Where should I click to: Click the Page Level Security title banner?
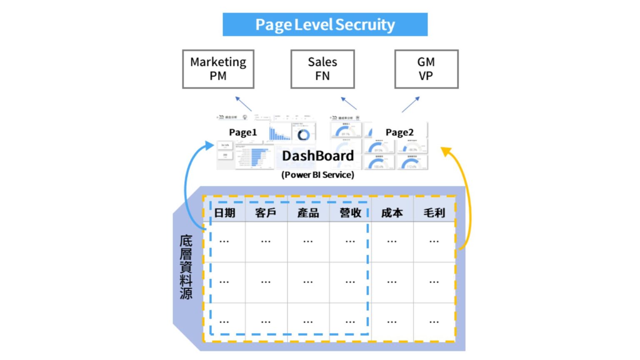[325, 25]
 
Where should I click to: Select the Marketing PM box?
[218, 69]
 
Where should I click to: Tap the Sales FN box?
[322, 69]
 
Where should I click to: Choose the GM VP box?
[426, 69]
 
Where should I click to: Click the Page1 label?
[243, 132]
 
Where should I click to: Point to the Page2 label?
[399, 132]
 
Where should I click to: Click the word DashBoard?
[318, 156]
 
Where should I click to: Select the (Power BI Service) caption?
[317, 175]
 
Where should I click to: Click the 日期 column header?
[225, 213]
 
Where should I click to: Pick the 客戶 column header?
[266, 213]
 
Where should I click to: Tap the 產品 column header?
[308, 213]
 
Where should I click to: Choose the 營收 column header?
[350, 213]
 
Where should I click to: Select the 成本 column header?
[392, 213]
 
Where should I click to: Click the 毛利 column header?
[434, 213]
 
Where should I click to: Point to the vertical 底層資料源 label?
[186, 267]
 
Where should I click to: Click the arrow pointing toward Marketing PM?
[243, 104]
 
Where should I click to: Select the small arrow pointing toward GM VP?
[411, 104]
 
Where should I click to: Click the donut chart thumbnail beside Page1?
[303, 135]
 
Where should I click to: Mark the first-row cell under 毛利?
[434, 241]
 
